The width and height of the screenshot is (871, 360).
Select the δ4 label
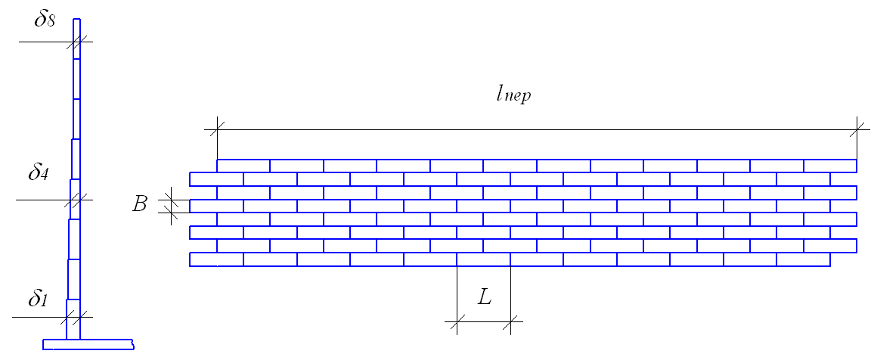click(39, 173)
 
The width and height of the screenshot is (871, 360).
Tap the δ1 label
click(39, 299)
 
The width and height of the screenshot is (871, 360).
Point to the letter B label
click(139, 204)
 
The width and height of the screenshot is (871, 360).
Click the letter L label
click(485, 297)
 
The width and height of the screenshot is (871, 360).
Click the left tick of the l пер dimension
click(217, 130)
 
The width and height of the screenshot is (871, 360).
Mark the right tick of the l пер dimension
click(857, 130)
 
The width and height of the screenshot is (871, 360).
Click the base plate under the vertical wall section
click(88, 345)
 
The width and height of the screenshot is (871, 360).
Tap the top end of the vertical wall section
click(76, 20)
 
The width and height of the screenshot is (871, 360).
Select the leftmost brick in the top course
click(243, 166)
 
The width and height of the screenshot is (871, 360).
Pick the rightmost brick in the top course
click(830, 166)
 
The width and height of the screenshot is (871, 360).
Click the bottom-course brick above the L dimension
click(484, 259)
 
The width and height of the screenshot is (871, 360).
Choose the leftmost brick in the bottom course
click(216, 259)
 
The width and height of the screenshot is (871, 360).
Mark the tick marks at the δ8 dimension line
click(76, 42)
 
